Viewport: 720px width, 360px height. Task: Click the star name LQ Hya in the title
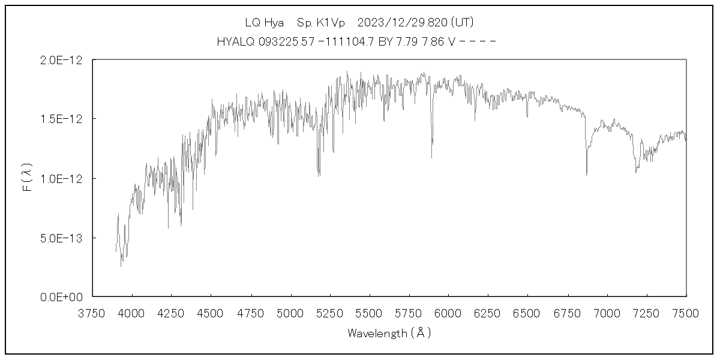point(264,23)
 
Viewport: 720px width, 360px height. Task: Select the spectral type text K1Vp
point(329,23)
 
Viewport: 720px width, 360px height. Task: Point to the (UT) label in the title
point(463,23)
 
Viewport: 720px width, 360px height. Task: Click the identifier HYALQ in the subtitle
point(235,42)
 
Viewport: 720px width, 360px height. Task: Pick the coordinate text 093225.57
point(283,42)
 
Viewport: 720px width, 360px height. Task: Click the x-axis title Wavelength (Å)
point(389,333)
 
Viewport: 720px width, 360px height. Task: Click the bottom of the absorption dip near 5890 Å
point(431,157)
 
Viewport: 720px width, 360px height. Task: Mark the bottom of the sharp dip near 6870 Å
point(586,174)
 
